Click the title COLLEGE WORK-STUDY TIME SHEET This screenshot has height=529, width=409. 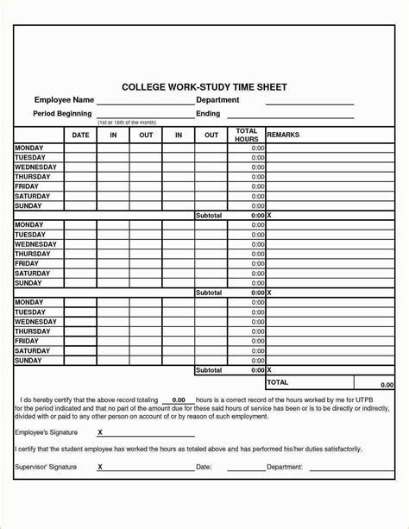coord(204,87)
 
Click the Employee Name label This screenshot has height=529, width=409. coord(63,100)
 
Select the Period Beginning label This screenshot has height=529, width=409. coord(62,113)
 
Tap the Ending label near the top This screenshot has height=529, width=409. coord(208,113)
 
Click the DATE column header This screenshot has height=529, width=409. coord(80,135)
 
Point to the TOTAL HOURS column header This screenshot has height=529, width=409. coord(246,135)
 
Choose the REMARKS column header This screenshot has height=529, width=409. coord(283,135)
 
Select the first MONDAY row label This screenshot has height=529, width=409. coord(30,148)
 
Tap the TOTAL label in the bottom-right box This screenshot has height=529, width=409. coord(278,381)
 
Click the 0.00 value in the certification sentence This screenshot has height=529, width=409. coord(179,400)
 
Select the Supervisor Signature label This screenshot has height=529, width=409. coord(47,467)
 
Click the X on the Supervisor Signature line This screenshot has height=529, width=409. coord(100,467)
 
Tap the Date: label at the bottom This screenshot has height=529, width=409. coord(204,467)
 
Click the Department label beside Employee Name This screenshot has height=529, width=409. coord(217,100)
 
